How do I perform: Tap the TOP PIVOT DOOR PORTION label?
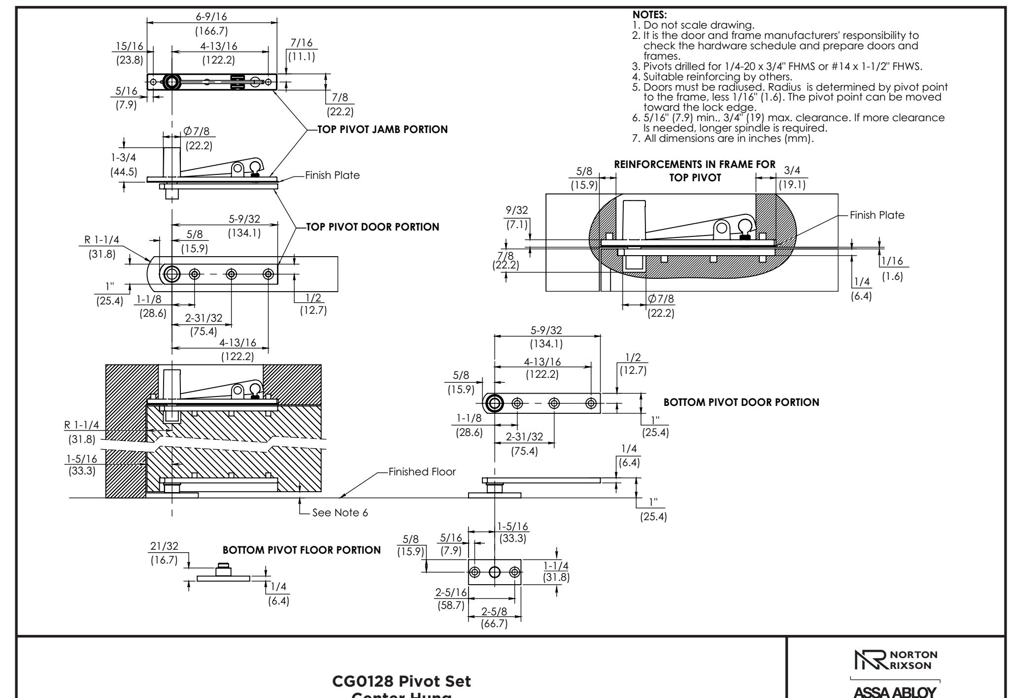pyautogui.click(x=372, y=227)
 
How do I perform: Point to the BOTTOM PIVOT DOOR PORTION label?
pyautogui.click(x=742, y=402)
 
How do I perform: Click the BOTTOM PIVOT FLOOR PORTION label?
pyautogui.click(x=302, y=550)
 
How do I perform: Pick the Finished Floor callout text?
pyautogui.click(x=422, y=472)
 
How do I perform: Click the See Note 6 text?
pyautogui.click(x=340, y=513)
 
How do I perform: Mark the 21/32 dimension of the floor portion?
pyautogui.click(x=164, y=546)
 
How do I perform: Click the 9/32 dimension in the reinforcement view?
pyautogui.click(x=517, y=210)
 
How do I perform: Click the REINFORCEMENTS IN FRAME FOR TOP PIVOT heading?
pyautogui.click(x=695, y=170)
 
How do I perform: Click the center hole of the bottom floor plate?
pyautogui.click(x=494, y=572)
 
